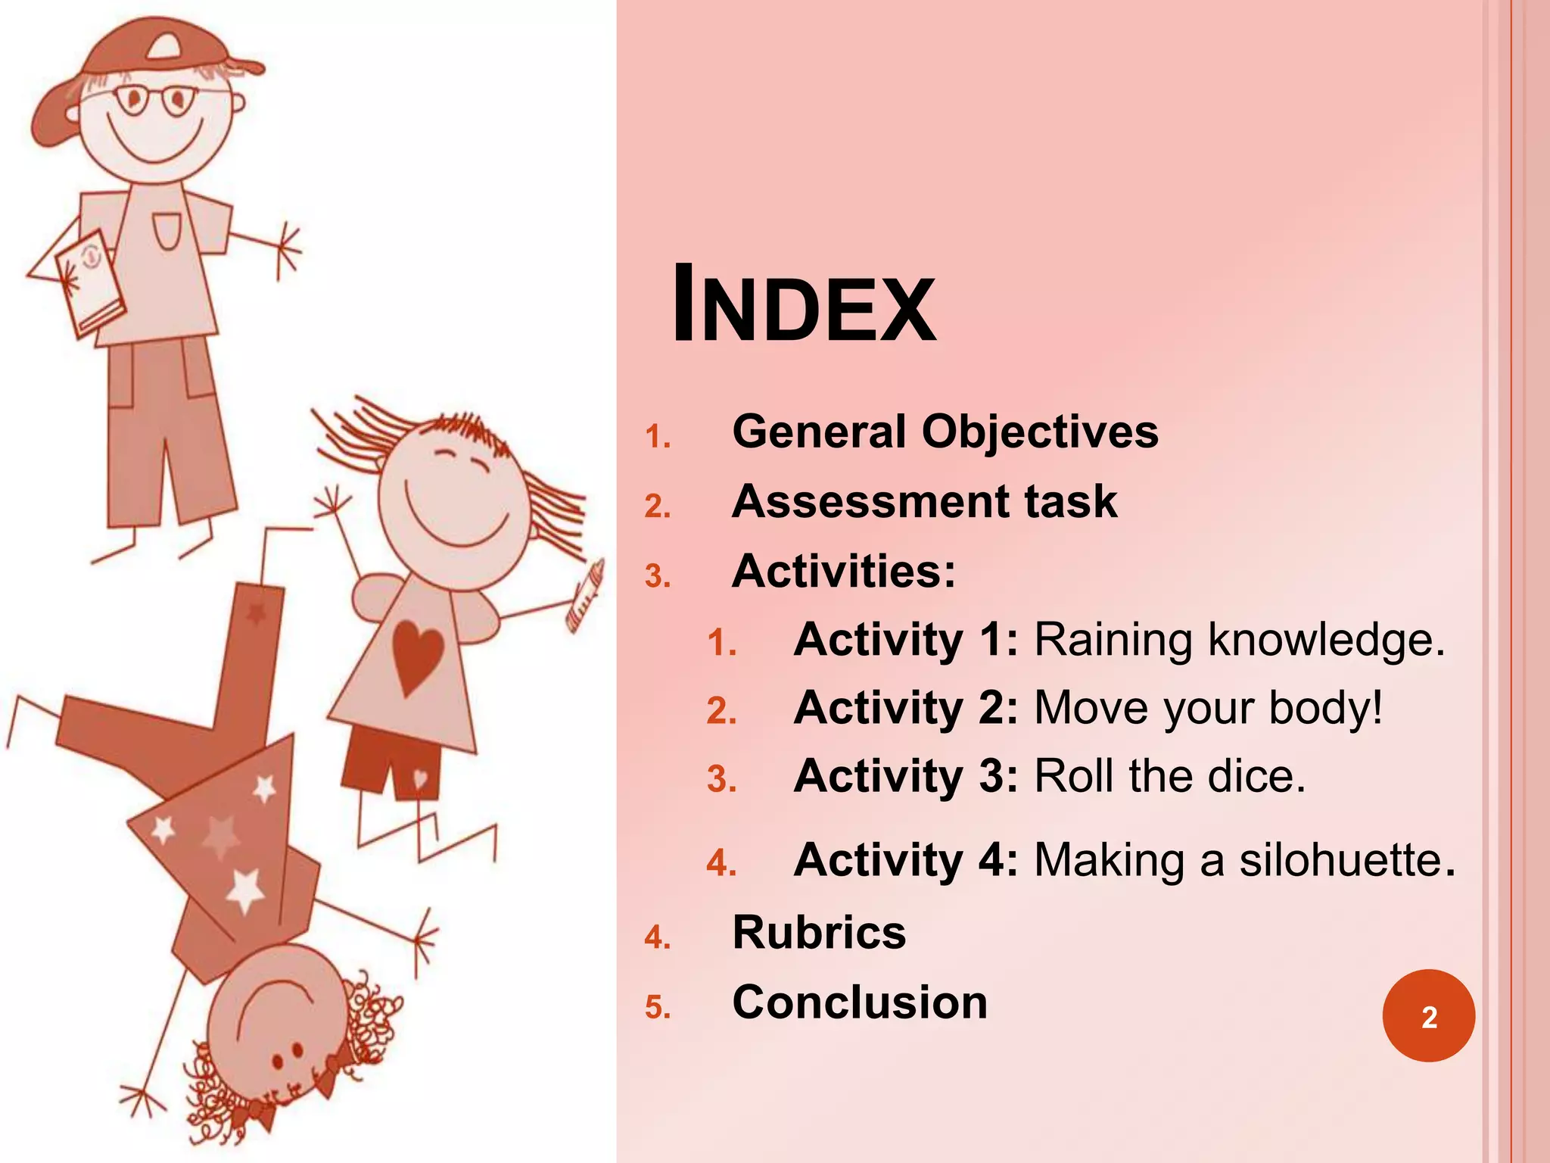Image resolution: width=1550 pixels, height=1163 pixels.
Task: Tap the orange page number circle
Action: [x=1428, y=1015]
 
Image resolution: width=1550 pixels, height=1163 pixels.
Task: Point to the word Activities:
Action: [x=844, y=571]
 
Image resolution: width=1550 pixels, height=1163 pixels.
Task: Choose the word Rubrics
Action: [x=819, y=932]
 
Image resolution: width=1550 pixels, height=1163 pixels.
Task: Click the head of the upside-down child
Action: [x=276, y=1015]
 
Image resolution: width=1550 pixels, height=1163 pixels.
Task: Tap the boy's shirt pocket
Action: [x=167, y=230]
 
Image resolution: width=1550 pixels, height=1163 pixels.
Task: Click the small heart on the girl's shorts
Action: [x=420, y=778]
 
